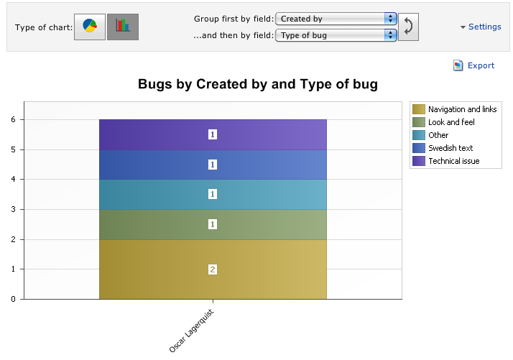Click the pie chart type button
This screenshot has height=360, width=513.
pyautogui.click(x=90, y=27)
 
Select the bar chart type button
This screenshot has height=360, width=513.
pyautogui.click(x=123, y=27)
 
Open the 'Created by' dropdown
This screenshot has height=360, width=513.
pyautogui.click(x=336, y=19)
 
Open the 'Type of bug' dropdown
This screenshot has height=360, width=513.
pyautogui.click(x=336, y=34)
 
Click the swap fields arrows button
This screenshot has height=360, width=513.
pyautogui.click(x=409, y=27)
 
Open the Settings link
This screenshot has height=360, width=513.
pyautogui.click(x=481, y=27)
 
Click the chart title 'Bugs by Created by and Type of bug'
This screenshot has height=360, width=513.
pyautogui.click(x=258, y=85)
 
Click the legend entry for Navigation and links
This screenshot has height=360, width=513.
pyautogui.click(x=462, y=109)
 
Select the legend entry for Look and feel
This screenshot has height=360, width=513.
pyautogui.click(x=451, y=122)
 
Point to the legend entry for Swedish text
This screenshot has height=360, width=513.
pyautogui.click(x=449, y=148)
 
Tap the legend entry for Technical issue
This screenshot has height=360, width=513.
pyautogui.click(x=453, y=161)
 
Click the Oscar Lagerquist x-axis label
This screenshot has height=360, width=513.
pyautogui.click(x=192, y=331)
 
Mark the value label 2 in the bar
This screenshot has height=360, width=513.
pyautogui.click(x=213, y=269)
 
